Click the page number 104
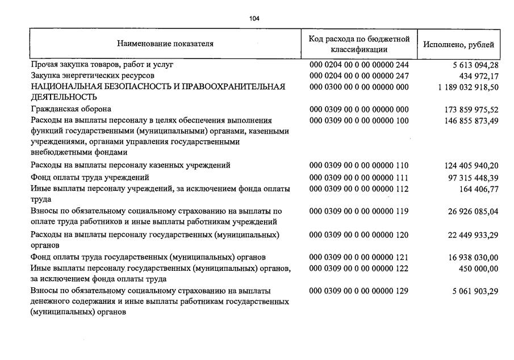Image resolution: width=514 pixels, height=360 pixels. coord(254,19)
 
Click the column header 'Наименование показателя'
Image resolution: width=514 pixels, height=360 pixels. coord(165,44)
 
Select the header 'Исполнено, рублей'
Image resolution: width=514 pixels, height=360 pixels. coord(458,44)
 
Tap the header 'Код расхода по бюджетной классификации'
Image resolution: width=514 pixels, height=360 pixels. coord(359,44)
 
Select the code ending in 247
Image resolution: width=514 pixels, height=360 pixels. coord(359,76)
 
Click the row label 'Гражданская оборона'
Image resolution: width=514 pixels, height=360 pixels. coord(71,108)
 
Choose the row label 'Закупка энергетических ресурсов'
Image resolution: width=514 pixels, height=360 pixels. coord(92,76)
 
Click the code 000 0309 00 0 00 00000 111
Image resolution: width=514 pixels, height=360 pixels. coord(359,178)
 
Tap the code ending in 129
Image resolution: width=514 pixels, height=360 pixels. coord(359,291)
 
